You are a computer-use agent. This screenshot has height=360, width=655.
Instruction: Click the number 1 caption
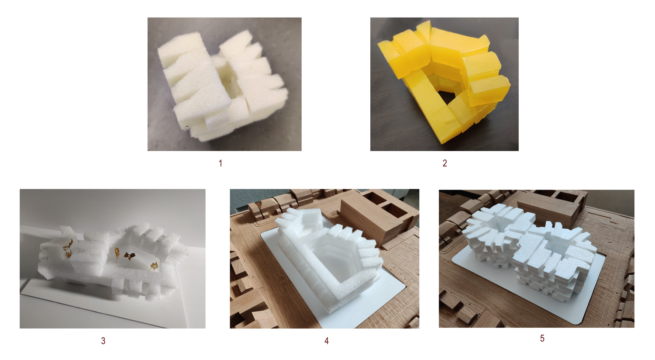(221, 163)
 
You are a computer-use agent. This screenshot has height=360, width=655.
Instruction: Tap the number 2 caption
(445, 163)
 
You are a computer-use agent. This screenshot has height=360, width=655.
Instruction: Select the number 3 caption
(103, 341)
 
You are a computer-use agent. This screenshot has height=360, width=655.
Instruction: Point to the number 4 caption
(326, 341)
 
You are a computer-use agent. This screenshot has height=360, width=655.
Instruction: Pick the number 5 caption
(542, 338)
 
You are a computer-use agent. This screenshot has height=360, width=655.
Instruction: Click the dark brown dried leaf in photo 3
(129, 256)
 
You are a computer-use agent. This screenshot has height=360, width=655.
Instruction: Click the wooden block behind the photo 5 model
(550, 208)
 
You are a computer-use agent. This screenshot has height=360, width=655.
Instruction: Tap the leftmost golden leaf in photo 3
(68, 249)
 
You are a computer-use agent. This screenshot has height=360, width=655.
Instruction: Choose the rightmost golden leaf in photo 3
(154, 266)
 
